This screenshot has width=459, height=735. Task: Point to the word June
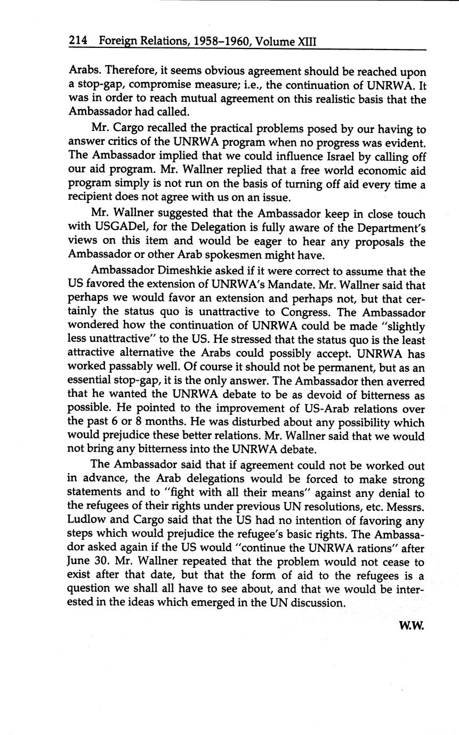click(79, 561)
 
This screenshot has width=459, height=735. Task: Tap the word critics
click(125, 144)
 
